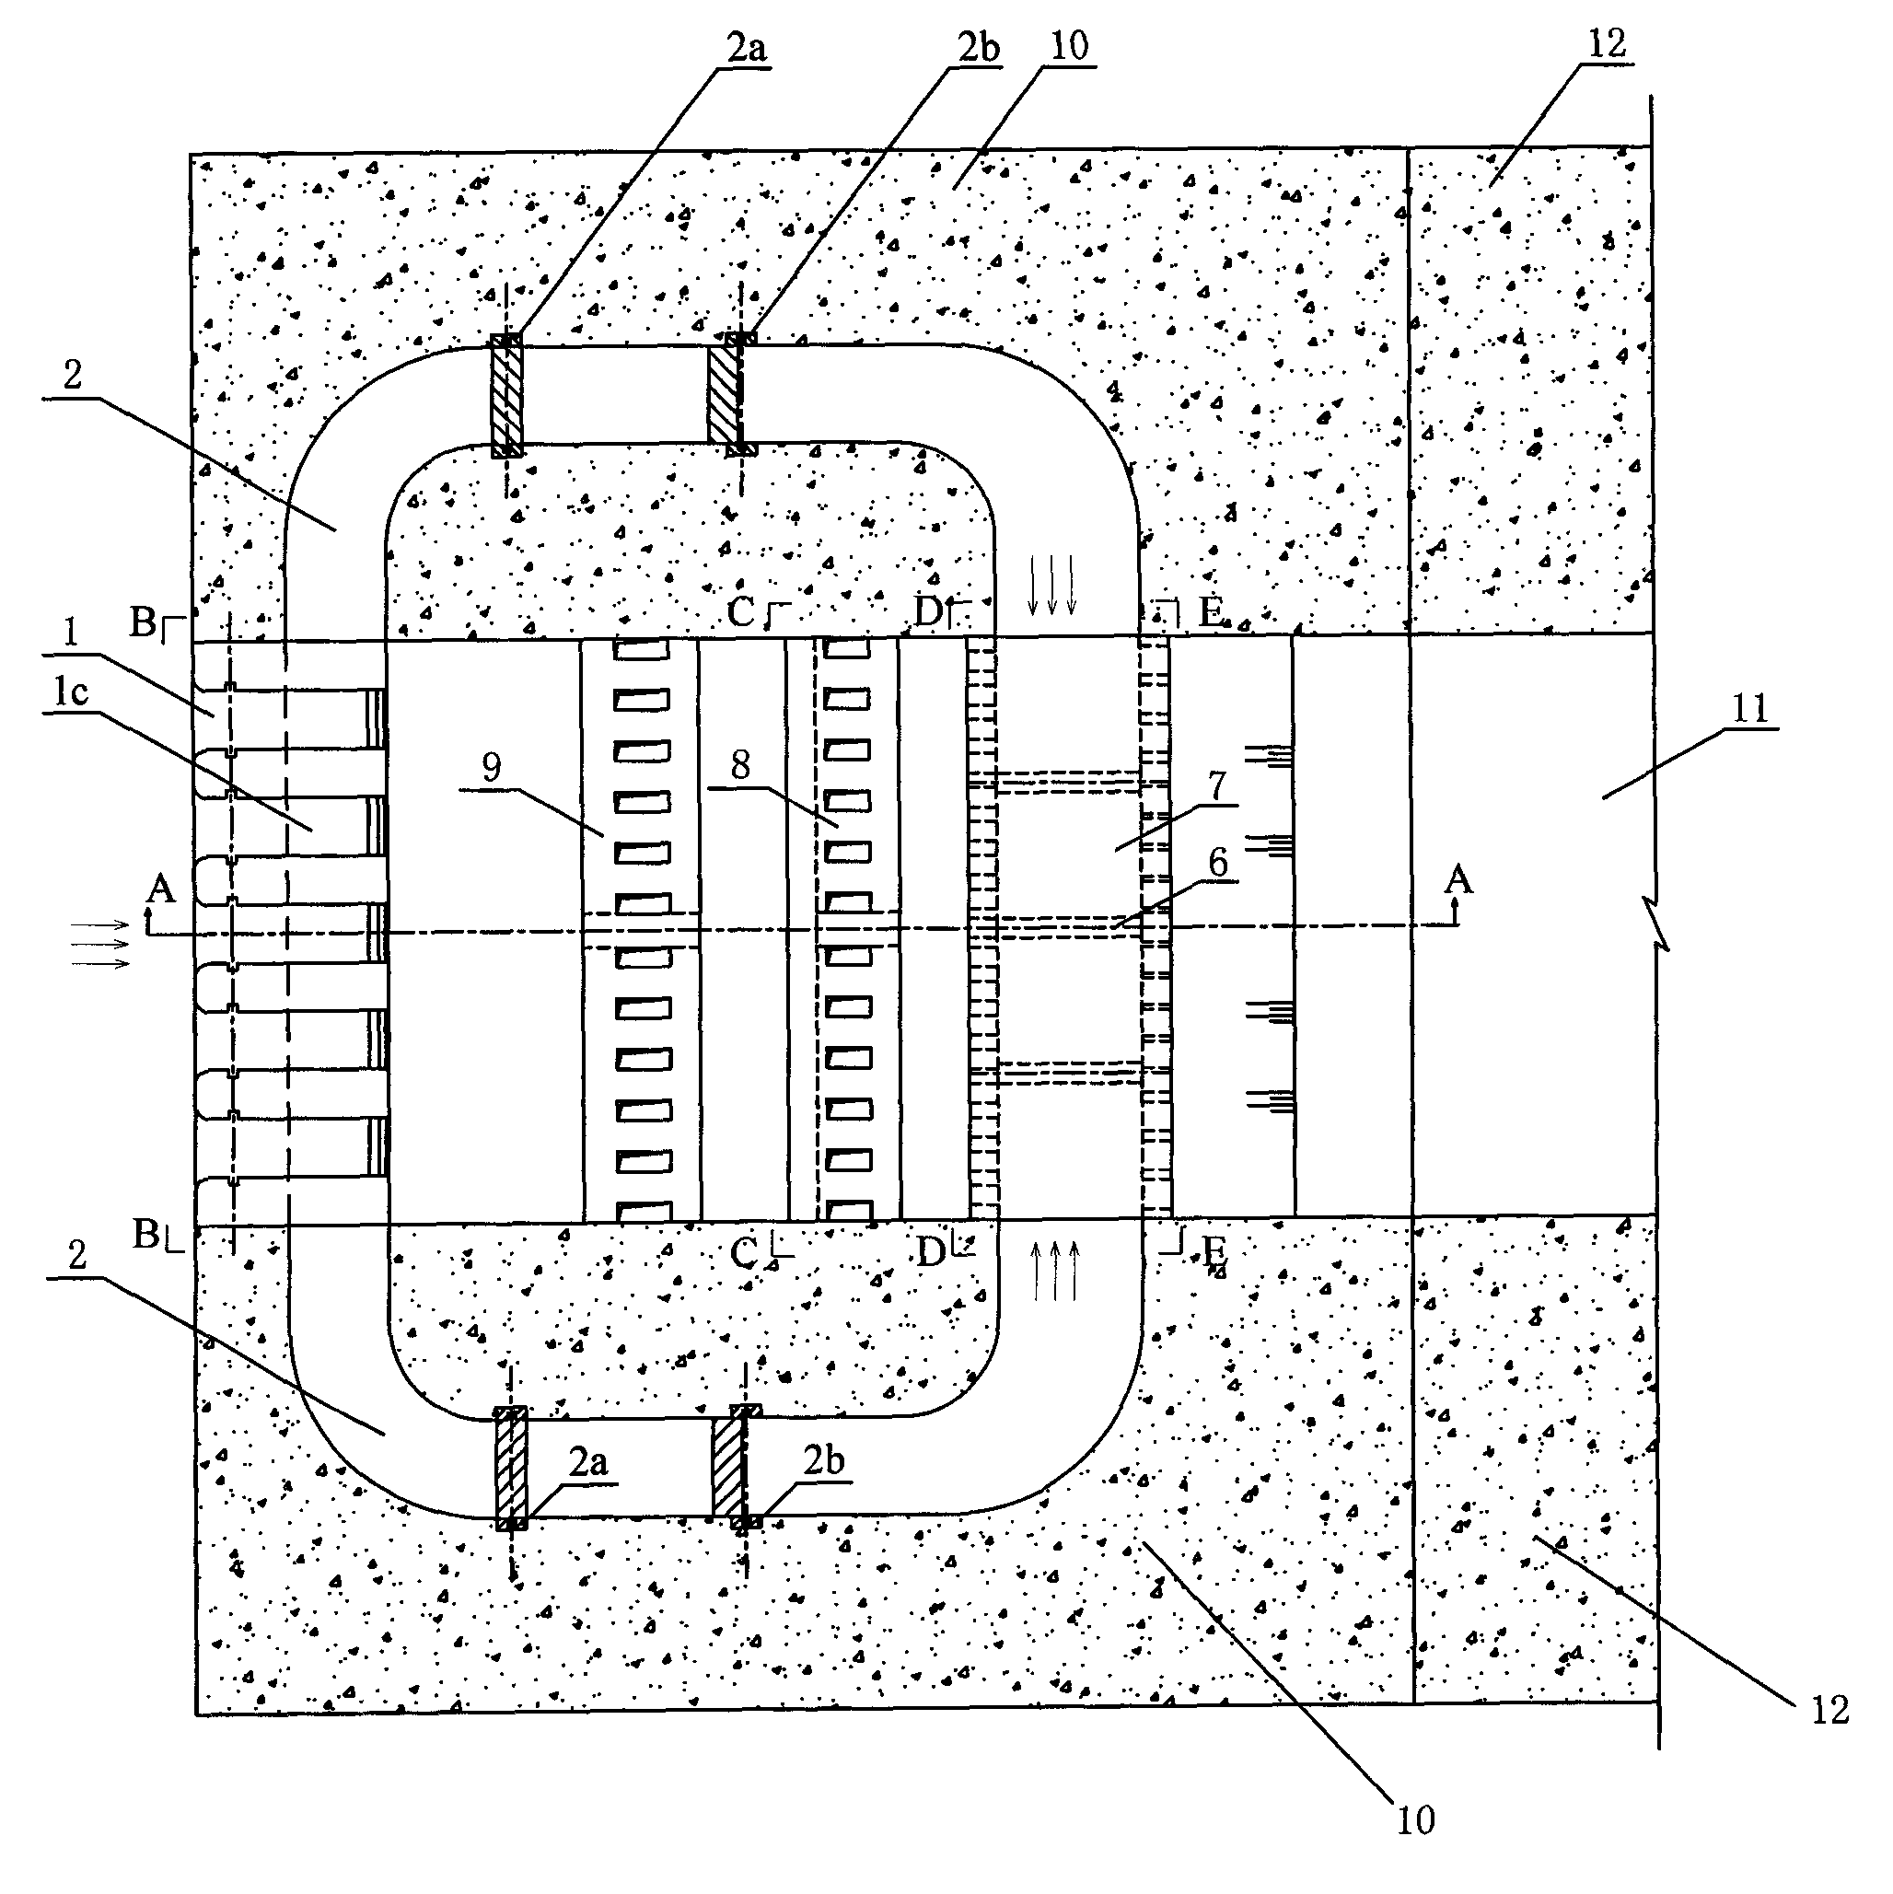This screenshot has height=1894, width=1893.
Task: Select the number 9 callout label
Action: click(x=491, y=767)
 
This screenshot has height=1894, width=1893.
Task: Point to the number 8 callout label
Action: click(x=740, y=764)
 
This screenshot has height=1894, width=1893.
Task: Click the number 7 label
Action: click(x=1216, y=785)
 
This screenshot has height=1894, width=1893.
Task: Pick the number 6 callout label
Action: click(x=1217, y=863)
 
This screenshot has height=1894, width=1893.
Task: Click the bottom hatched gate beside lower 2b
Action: click(x=728, y=1467)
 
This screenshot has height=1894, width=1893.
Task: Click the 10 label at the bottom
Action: click(x=1414, y=1819)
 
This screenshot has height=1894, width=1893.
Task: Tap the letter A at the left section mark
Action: click(x=160, y=889)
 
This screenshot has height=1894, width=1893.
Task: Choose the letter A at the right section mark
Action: click(x=1458, y=879)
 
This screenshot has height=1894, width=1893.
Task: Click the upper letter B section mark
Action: click(x=145, y=622)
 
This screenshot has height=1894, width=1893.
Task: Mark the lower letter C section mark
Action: click(x=745, y=1252)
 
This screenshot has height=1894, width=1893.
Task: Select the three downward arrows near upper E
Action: click(x=1051, y=586)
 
